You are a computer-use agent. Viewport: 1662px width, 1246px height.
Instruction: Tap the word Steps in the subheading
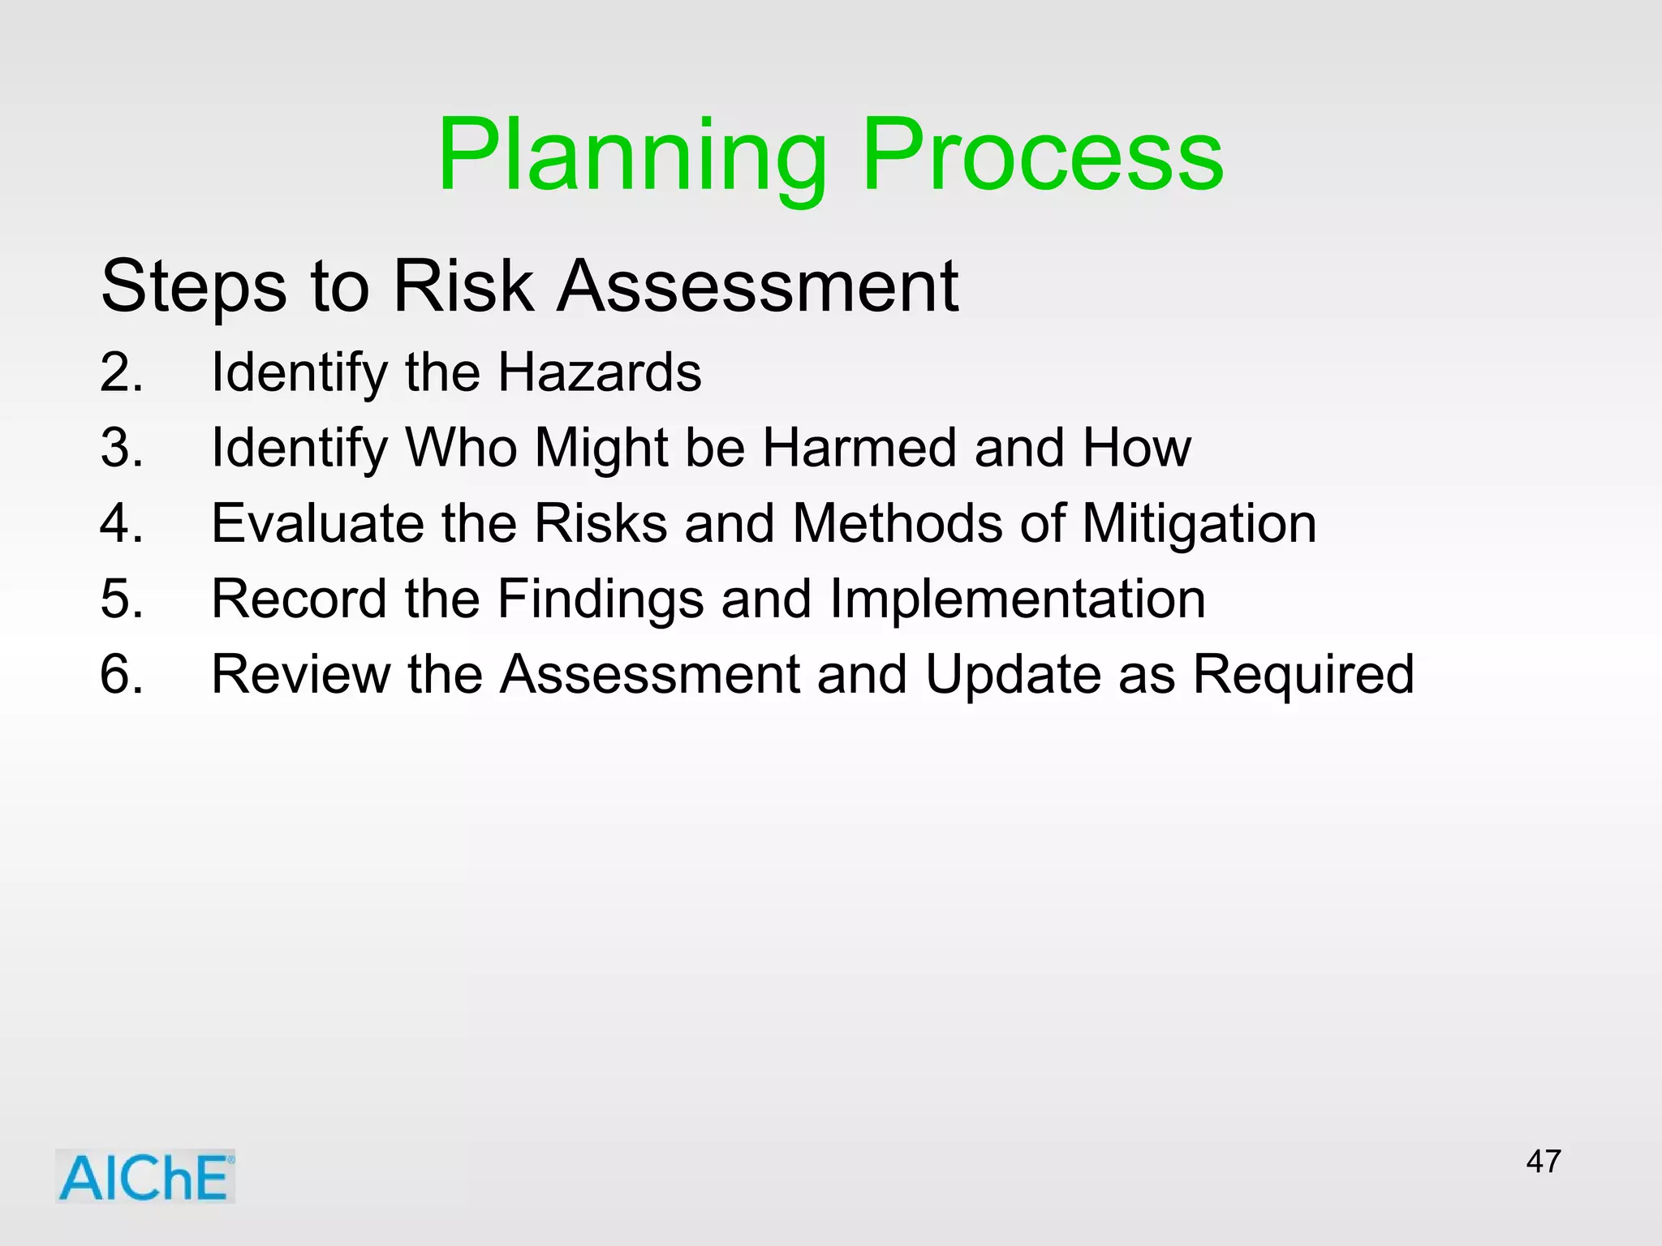click(193, 286)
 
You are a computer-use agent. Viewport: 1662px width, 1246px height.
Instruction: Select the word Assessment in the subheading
click(757, 286)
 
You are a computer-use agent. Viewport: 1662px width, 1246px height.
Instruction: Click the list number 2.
click(121, 372)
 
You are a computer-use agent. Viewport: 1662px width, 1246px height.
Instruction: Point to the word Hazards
click(599, 372)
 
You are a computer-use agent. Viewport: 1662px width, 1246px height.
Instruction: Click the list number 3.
click(121, 448)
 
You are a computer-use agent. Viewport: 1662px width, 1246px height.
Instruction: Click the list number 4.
click(121, 523)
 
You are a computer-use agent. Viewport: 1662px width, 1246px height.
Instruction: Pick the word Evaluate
click(317, 523)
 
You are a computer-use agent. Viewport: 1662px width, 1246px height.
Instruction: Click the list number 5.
click(121, 599)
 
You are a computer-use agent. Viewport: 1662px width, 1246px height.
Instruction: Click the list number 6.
click(121, 674)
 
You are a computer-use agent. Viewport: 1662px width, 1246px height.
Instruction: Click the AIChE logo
click(145, 1177)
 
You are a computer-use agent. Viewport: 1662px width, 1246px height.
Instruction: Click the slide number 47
click(1543, 1162)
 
